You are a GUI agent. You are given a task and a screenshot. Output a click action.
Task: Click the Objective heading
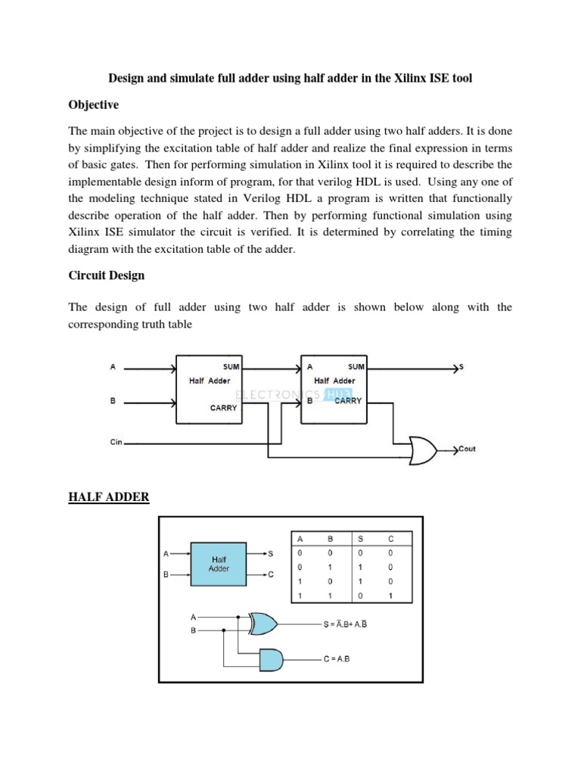(x=94, y=104)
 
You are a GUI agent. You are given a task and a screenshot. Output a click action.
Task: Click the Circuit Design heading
(x=107, y=275)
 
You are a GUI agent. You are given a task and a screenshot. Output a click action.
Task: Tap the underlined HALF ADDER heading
(x=108, y=496)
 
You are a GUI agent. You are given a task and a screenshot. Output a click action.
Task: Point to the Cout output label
(x=466, y=450)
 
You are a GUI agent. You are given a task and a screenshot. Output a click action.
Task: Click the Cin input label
(x=116, y=439)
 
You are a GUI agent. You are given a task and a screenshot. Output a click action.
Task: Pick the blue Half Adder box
(x=219, y=563)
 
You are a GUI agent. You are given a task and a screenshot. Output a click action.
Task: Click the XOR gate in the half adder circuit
(x=263, y=624)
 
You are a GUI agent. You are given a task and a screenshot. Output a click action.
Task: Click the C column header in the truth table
(x=391, y=540)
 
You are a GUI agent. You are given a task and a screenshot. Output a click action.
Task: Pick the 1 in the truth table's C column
(x=391, y=596)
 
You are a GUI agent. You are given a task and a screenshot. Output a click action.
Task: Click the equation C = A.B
(x=338, y=659)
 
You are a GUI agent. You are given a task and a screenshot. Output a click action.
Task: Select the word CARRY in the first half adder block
(x=223, y=408)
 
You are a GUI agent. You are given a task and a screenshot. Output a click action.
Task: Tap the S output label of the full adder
(x=461, y=367)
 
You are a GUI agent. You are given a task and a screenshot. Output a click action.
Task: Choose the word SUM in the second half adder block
(x=356, y=367)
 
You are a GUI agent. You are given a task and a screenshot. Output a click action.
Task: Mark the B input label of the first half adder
(x=113, y=402)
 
